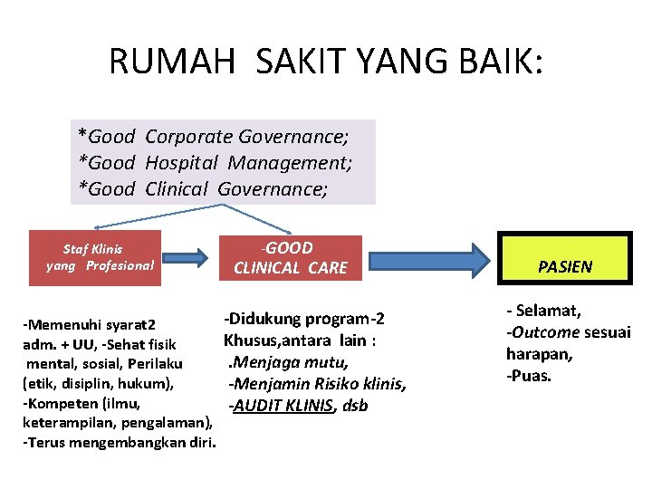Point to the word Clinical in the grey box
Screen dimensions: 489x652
176,189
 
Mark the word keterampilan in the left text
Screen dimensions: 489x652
64,423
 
